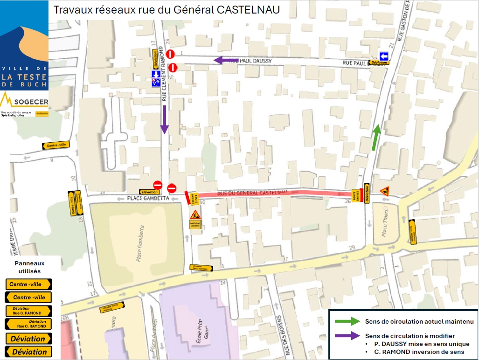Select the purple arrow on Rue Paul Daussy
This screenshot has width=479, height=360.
click(226, 60)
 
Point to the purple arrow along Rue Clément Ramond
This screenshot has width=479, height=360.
click(164, 119)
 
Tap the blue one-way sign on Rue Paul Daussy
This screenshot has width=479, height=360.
click(383, 55)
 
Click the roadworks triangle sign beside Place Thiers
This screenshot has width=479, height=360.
click(385, 191)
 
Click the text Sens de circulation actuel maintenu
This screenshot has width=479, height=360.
click(419, 321)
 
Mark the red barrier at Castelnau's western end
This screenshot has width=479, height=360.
click(187, 198)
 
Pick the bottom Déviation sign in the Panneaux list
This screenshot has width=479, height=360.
click(29, 352)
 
